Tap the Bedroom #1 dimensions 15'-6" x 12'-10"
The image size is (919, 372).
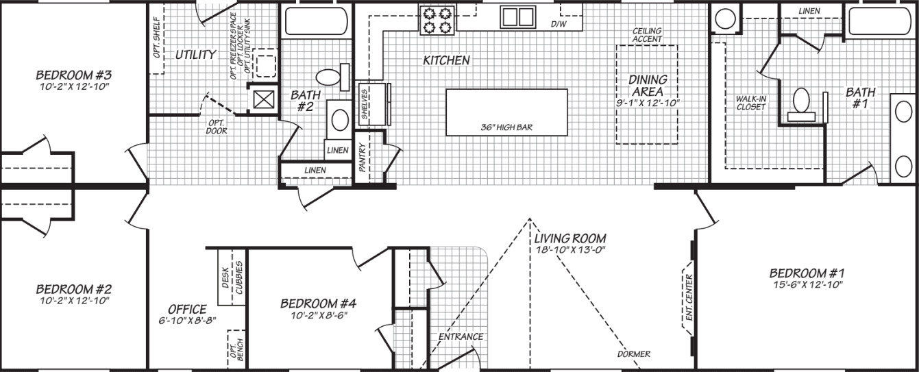pyautogui.click(x=805, y=284)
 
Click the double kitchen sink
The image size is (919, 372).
pyautogui.click(x=517, y=16)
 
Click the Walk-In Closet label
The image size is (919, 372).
pyautogui.click(x=750, y=103)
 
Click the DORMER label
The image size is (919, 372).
pyautogui.click(x=633, y=354)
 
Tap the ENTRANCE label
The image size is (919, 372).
pyautogui.click(x=461, y=336)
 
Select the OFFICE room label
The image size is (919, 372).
pyautogui.click(x=187, y=309)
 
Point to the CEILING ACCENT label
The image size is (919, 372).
pyautogui.click(x=647, y=35)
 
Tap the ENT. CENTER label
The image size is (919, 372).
pyautogui.click(x=689, y=298)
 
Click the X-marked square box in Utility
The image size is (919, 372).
pyautogui.click(x=263, y=100)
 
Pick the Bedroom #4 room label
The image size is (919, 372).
pyautogui.click(x=318, y=303)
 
